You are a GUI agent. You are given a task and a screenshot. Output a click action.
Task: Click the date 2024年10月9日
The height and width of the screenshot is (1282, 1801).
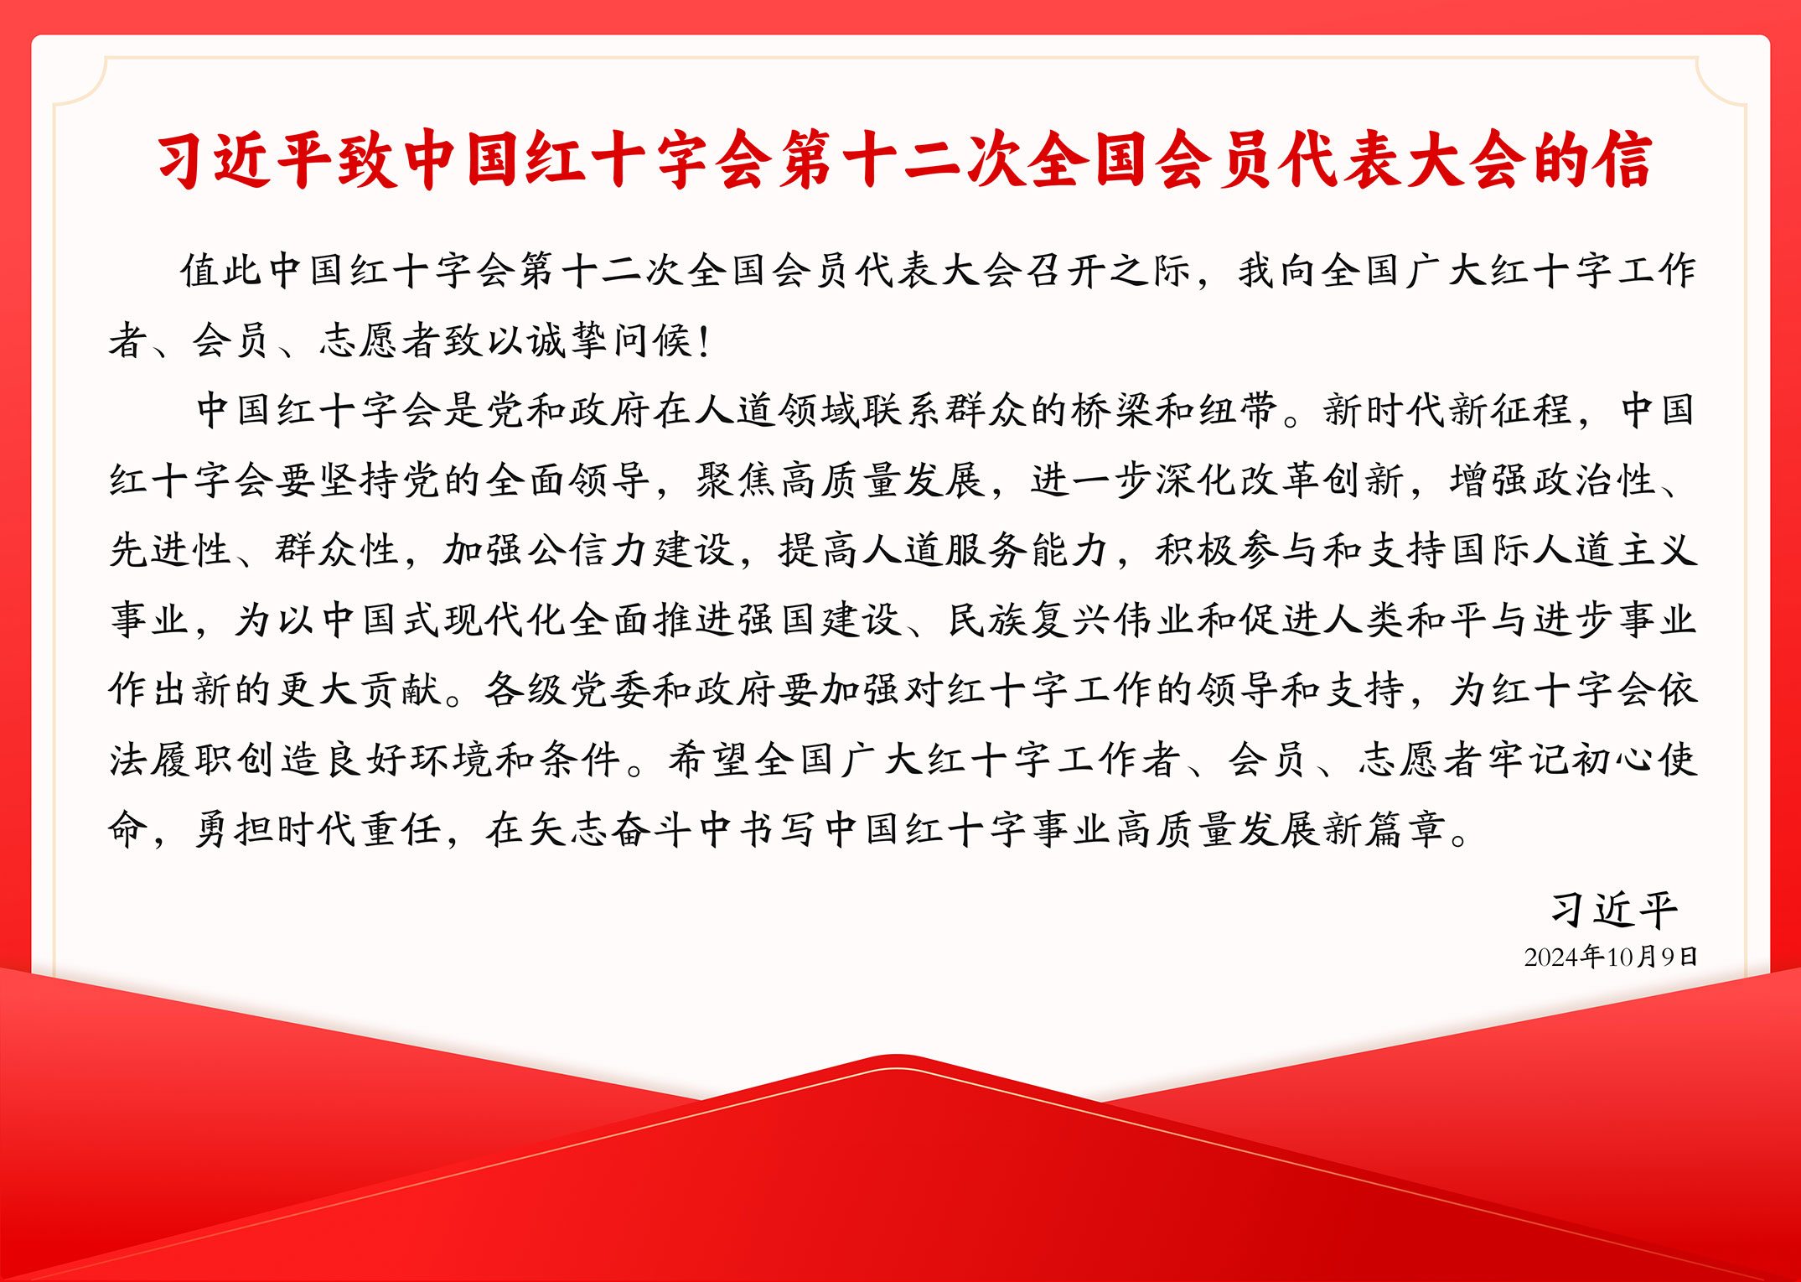(x=1611, y=957)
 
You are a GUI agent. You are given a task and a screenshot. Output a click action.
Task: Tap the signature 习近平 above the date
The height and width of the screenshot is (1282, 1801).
(x=1614, y=909)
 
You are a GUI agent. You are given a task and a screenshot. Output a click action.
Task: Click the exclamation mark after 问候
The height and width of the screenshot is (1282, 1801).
(x=703, y=340)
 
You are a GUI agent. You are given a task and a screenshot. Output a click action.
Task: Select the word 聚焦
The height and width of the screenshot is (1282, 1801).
(x=736, y=480)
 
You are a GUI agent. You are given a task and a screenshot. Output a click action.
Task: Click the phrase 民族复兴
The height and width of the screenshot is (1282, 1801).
(x=1030, y=620)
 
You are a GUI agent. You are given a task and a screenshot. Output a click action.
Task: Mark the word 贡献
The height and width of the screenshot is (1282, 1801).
(x=401, y=690)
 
